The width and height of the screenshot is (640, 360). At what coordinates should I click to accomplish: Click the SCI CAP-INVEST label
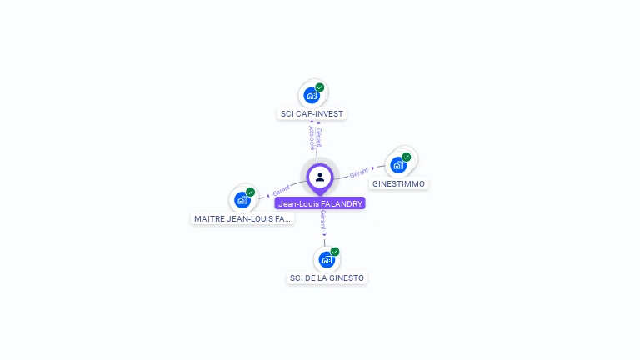coord(311,113)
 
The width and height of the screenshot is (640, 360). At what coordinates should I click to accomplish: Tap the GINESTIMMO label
coord(398,183)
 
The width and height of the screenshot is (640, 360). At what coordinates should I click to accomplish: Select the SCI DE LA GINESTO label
coord(327,277)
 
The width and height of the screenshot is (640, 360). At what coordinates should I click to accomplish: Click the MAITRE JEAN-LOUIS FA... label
coord(242,218)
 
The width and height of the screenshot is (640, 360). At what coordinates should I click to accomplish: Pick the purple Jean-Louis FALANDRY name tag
coord(320,203)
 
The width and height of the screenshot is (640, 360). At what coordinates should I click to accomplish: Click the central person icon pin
coord(320,177)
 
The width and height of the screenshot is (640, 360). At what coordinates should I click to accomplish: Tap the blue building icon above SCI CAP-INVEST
coord(311,95)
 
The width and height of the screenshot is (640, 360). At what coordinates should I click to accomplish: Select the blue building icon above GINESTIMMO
coord(398,164)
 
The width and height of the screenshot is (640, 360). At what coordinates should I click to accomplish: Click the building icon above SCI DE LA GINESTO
coord(326,259)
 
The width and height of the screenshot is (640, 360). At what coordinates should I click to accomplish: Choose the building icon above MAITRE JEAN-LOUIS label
coord(242,200)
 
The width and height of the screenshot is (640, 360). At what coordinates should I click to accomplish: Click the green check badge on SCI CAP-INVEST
coord(320,87)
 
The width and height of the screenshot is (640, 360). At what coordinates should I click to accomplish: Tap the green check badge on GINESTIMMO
coord(407,157)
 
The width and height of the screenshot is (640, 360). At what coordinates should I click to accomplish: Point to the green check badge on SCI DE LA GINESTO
coord(335,252)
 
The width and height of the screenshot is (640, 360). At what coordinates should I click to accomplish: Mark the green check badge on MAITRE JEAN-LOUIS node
coord(250,192)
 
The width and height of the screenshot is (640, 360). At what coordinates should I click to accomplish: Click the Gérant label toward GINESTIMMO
coord(359,172)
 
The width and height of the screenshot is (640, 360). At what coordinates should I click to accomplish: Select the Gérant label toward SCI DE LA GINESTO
coord(323,221)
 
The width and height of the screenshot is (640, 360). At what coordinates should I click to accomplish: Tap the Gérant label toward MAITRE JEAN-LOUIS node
coord(281,191)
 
